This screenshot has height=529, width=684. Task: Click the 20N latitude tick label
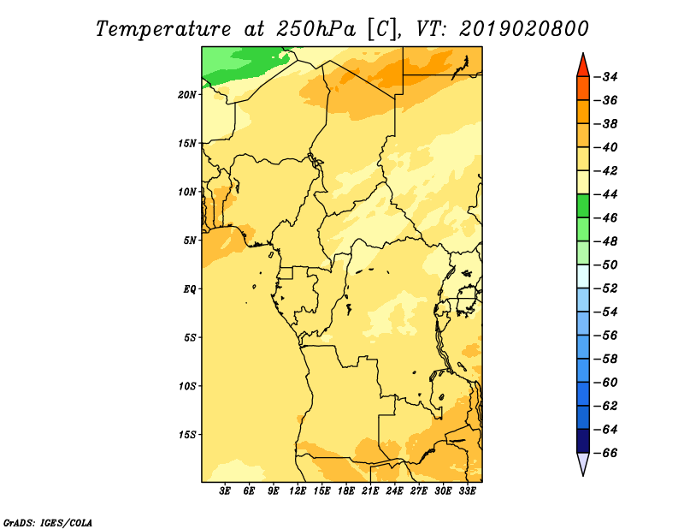pyautogui.click(x=187, y=95)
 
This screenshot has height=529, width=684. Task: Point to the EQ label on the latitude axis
pyautogui.click(x=190, y=289)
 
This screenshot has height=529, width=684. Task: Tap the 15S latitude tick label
pyautogui.click(x=187, y=435)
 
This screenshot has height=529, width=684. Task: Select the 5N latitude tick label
pyautogui.click(x=190, y=241)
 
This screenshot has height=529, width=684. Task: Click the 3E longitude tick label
pyautogui.click(x=225, y=491)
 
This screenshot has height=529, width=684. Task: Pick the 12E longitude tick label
pyautogui.click(x=298, y=491)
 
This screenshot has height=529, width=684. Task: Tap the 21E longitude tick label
pyautogui.click(x=370, y=491)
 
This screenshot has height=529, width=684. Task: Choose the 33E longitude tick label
pyautogui.click(x=467, y=491)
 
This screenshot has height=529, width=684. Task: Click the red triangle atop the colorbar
pyautogui.click(x=583, y=67)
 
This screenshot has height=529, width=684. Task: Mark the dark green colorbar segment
pyautogui.click(x=583, y=205)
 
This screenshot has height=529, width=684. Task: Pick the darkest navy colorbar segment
pyautogui.click(x=583, y=441)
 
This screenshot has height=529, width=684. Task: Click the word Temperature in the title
pyautogui.click(x=162, y=29)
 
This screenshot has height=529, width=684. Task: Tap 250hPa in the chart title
pyautogui.click(x=316, y=29)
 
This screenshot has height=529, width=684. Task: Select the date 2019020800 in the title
pyautogui.click(x=523, y=29)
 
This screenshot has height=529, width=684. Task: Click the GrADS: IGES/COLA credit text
pyautogui.click(x=48, y=522)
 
